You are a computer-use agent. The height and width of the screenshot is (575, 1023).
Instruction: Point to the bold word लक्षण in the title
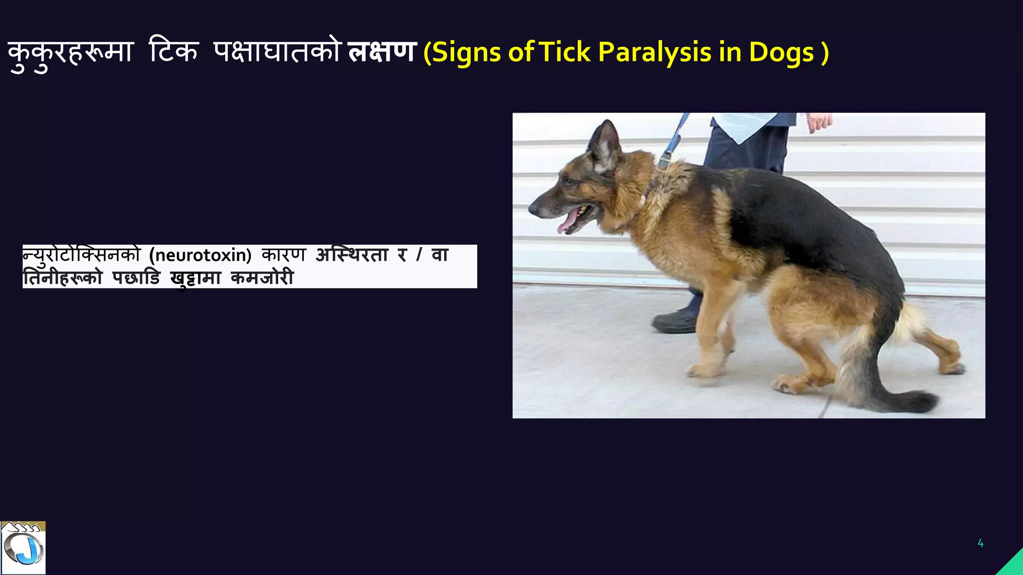click(382, 52)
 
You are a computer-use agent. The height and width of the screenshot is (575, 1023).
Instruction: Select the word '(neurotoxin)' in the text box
click(200, 255)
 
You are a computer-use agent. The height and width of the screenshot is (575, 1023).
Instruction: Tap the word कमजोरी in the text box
click(262, 278)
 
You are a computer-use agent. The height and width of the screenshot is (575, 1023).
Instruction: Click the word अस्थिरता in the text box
click(352, 255)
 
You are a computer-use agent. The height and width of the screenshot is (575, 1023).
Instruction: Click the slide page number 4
click(981, 543)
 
